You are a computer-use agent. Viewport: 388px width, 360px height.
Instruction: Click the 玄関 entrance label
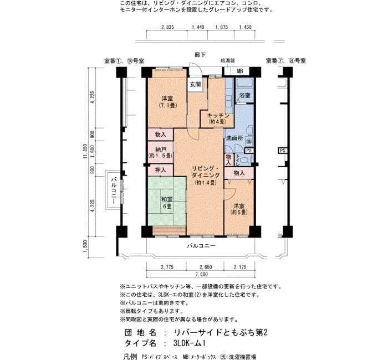195,85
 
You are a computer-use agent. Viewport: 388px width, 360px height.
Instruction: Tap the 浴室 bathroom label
244,95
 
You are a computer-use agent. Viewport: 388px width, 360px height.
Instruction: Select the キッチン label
218,115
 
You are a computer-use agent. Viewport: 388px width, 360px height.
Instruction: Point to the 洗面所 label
234,138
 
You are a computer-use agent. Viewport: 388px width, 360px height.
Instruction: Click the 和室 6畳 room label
167,203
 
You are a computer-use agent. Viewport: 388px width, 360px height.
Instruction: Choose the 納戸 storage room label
160,150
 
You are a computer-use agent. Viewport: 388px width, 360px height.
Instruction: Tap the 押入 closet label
160,170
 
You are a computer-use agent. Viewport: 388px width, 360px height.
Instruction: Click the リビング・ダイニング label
206,172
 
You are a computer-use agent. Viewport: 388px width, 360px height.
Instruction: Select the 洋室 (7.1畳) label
167,101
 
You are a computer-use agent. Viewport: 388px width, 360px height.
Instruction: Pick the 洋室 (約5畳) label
239,209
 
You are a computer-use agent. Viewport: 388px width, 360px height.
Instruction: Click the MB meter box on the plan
240,71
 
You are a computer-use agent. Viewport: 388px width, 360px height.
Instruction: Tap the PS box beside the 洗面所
248,150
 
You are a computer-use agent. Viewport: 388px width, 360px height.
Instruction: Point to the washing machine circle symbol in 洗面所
249,142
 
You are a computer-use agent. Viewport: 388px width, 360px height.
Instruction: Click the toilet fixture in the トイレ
246,160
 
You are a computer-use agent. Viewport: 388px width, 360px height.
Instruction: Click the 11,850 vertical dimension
85,151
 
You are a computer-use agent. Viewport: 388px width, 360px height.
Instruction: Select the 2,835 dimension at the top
167,27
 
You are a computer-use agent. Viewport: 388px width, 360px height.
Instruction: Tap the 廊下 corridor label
200,55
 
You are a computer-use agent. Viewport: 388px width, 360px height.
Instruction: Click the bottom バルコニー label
201,246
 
